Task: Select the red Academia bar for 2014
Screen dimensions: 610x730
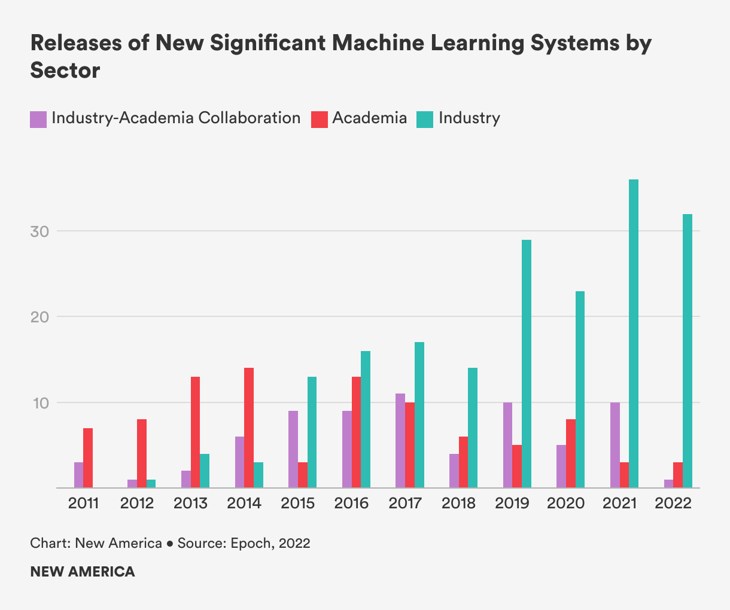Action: click(249, 428)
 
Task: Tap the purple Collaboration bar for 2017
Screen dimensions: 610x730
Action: click(400, 441)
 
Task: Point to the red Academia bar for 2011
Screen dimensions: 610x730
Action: click(88, 458)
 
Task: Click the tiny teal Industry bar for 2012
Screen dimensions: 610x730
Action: click(151, 484)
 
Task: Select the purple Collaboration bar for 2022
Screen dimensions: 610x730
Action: click(668, 484)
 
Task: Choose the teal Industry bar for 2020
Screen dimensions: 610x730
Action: click(580, 389)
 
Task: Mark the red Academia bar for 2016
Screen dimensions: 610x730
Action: click(356, 432)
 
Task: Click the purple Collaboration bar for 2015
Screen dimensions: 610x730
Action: click(293, 449)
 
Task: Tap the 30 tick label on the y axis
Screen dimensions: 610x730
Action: click(40, 231)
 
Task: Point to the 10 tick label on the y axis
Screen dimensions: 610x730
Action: click(40, 403)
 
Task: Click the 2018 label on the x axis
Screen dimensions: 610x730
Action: click(459, 504)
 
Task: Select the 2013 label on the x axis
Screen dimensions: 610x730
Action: click(191, 504)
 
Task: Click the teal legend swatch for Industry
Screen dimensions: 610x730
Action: click(425, 119)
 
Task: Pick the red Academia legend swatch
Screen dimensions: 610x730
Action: click(319, 119)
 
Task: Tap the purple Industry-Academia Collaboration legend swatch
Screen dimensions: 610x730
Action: click(38, 119)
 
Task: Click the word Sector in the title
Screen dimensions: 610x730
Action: click(65, 71)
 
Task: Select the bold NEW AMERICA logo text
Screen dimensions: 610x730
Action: click(83, 572)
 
